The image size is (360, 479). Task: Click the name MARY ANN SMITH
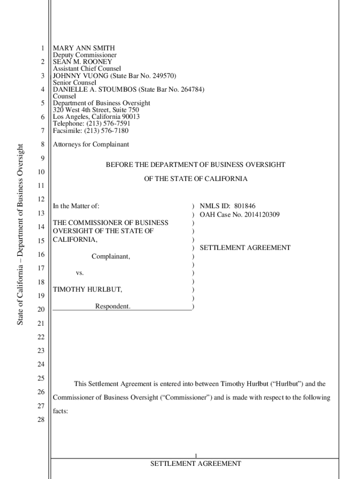(84, 48)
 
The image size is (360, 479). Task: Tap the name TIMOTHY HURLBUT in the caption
(87, 290)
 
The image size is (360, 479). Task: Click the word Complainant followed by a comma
(111, 256)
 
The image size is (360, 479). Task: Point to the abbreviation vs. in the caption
(80, 273)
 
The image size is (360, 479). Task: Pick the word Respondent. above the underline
(113, 306)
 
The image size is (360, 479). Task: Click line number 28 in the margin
(41, 420)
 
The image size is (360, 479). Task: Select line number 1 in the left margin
(42, 48)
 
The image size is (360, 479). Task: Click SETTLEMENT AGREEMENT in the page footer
(195, 464)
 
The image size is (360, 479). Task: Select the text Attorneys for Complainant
(91, 145)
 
